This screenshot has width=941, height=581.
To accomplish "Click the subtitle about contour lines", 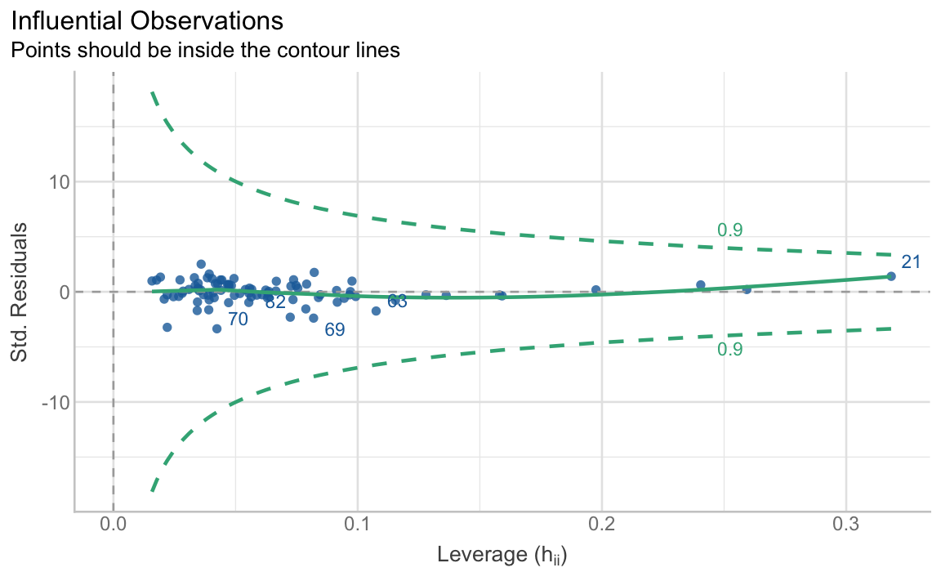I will (205, 50).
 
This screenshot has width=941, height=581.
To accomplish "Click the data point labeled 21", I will (891, 276).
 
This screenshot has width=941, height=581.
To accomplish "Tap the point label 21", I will (911, 262).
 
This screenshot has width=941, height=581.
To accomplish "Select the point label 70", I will (238, 320).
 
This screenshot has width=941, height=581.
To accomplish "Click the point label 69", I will (335, 330).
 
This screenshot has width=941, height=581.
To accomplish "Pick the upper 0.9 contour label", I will (729, 230).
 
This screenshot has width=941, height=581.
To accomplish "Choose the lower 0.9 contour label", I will (729, 350).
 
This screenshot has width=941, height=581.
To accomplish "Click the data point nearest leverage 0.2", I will (595, 289).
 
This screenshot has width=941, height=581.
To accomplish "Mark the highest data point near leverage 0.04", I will (201, 264).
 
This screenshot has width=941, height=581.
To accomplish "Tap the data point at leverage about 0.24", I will (700, 285).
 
